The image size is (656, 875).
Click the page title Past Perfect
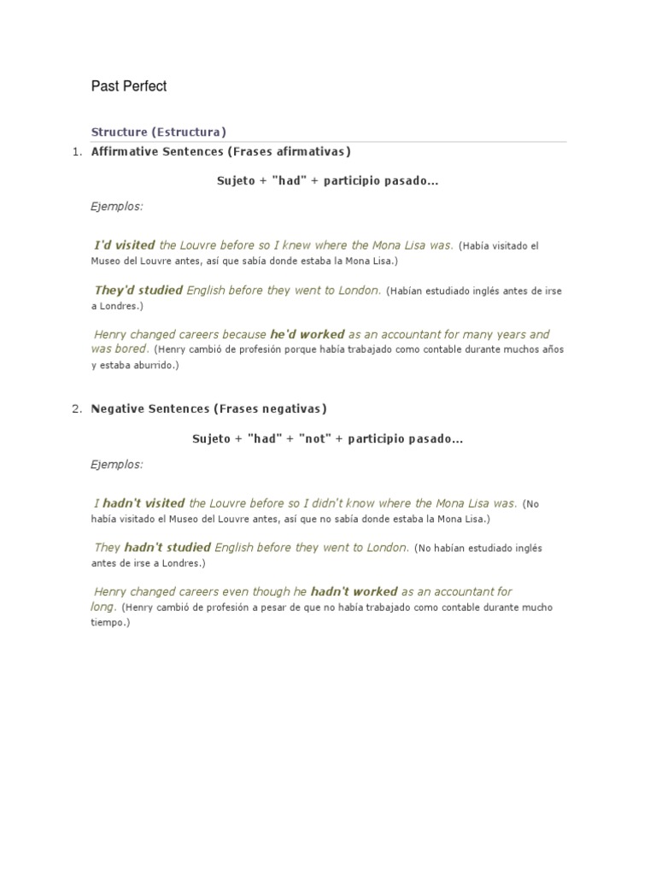[128, 86]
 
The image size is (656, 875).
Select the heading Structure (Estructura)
[158, 132]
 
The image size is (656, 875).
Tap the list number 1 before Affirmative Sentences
[76, 152]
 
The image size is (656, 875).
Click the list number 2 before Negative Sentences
[76, 408]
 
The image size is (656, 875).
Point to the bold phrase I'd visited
[125, 245]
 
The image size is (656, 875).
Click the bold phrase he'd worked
[307, 335]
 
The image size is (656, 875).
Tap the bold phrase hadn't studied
[167, 548]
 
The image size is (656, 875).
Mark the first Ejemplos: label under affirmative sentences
[117, 206]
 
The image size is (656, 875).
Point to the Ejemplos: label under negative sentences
[117, 464]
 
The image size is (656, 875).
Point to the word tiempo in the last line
[108, 623]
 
